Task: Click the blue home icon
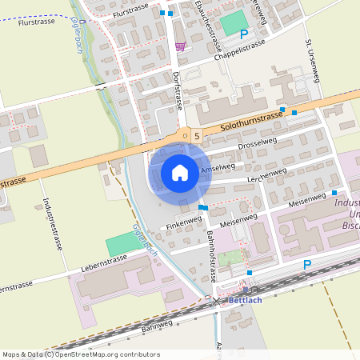[x=180, y=173]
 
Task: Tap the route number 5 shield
[x=196, y=137]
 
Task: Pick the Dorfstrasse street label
[x=178, y=90]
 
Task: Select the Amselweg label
[x=218, y=170]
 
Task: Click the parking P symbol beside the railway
[x=306, y=265]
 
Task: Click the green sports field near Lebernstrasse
[x=122, y=243]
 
